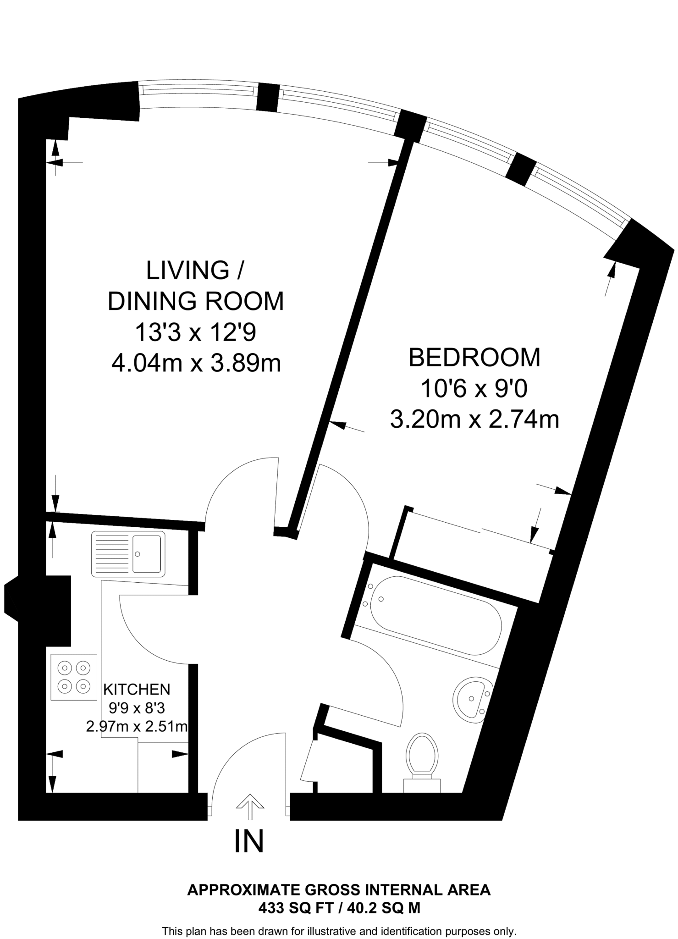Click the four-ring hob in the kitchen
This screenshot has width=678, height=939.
74,677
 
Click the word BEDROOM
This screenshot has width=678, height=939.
474,358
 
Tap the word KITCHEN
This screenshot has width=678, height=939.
137,689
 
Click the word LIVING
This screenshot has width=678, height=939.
188,270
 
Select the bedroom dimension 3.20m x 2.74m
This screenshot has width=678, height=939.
474,419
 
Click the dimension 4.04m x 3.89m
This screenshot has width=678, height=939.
196,364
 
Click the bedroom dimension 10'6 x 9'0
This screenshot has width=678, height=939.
474,389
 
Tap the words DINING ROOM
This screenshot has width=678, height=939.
196,301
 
